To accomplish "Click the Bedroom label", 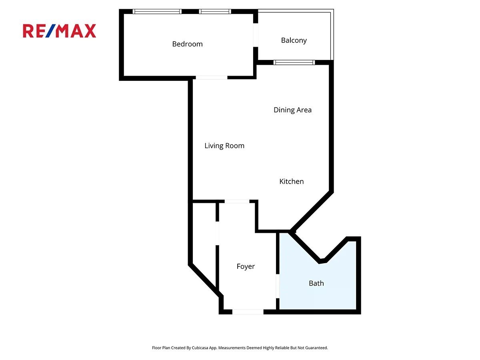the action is tap(187, 44).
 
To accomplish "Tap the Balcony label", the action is tap(294, 40).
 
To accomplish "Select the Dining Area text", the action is tap(292, 110).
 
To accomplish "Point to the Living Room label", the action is tap(224, 146).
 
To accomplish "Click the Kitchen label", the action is tap(292, 181).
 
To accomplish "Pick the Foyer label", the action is tap(246, 266).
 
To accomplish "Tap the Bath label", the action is tap(316, 283).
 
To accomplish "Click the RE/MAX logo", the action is tap(60, 31).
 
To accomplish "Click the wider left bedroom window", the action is tap(157, 11).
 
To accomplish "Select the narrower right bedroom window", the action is tap(215, 11).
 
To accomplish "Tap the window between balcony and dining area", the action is tap(294, 62).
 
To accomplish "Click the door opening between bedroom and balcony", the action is tap(256, 35).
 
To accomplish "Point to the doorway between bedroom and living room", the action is tap(212, 78).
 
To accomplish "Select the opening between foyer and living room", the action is tap(237, 201).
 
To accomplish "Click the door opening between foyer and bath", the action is tap(278, 286).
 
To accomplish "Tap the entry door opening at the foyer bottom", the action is tap(248, 312).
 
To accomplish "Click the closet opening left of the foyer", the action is tap(217, 233).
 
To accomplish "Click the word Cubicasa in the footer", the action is tap(200, 348).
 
